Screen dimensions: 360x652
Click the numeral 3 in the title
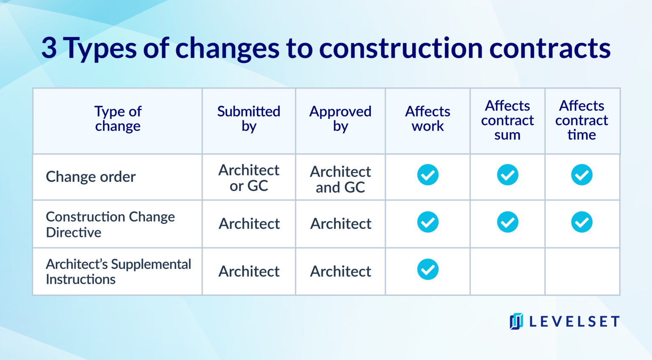[x=49, y=48]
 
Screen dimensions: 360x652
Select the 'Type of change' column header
[x=118, y=119]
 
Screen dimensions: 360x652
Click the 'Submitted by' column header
[x=249, y=119]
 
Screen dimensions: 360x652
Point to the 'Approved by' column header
[x=340, y=119]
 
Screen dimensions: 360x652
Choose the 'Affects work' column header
[x=427, y=119]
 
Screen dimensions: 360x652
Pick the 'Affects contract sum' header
[x=507, y=120]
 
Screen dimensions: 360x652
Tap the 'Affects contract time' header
[x=582, y=120]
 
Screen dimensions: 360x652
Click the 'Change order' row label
[x=91, y=177]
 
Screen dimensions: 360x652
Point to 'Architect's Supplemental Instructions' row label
[x=118, y=272]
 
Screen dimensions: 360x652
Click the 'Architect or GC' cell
[x=249, y=178]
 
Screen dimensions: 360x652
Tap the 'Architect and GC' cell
[x=340, y=179]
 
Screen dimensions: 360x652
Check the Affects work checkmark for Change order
[x=428, y=175]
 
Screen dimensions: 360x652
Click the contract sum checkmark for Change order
[x=508, y=175]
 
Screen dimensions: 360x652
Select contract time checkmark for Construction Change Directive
[x=582, y=222]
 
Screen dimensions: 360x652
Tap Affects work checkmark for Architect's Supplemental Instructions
[x=428, y=270]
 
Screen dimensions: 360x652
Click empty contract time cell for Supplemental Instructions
[x=582, y=272]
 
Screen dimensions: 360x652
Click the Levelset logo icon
[x=516, y=321]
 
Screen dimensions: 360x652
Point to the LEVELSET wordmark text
[x=574, y=322]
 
